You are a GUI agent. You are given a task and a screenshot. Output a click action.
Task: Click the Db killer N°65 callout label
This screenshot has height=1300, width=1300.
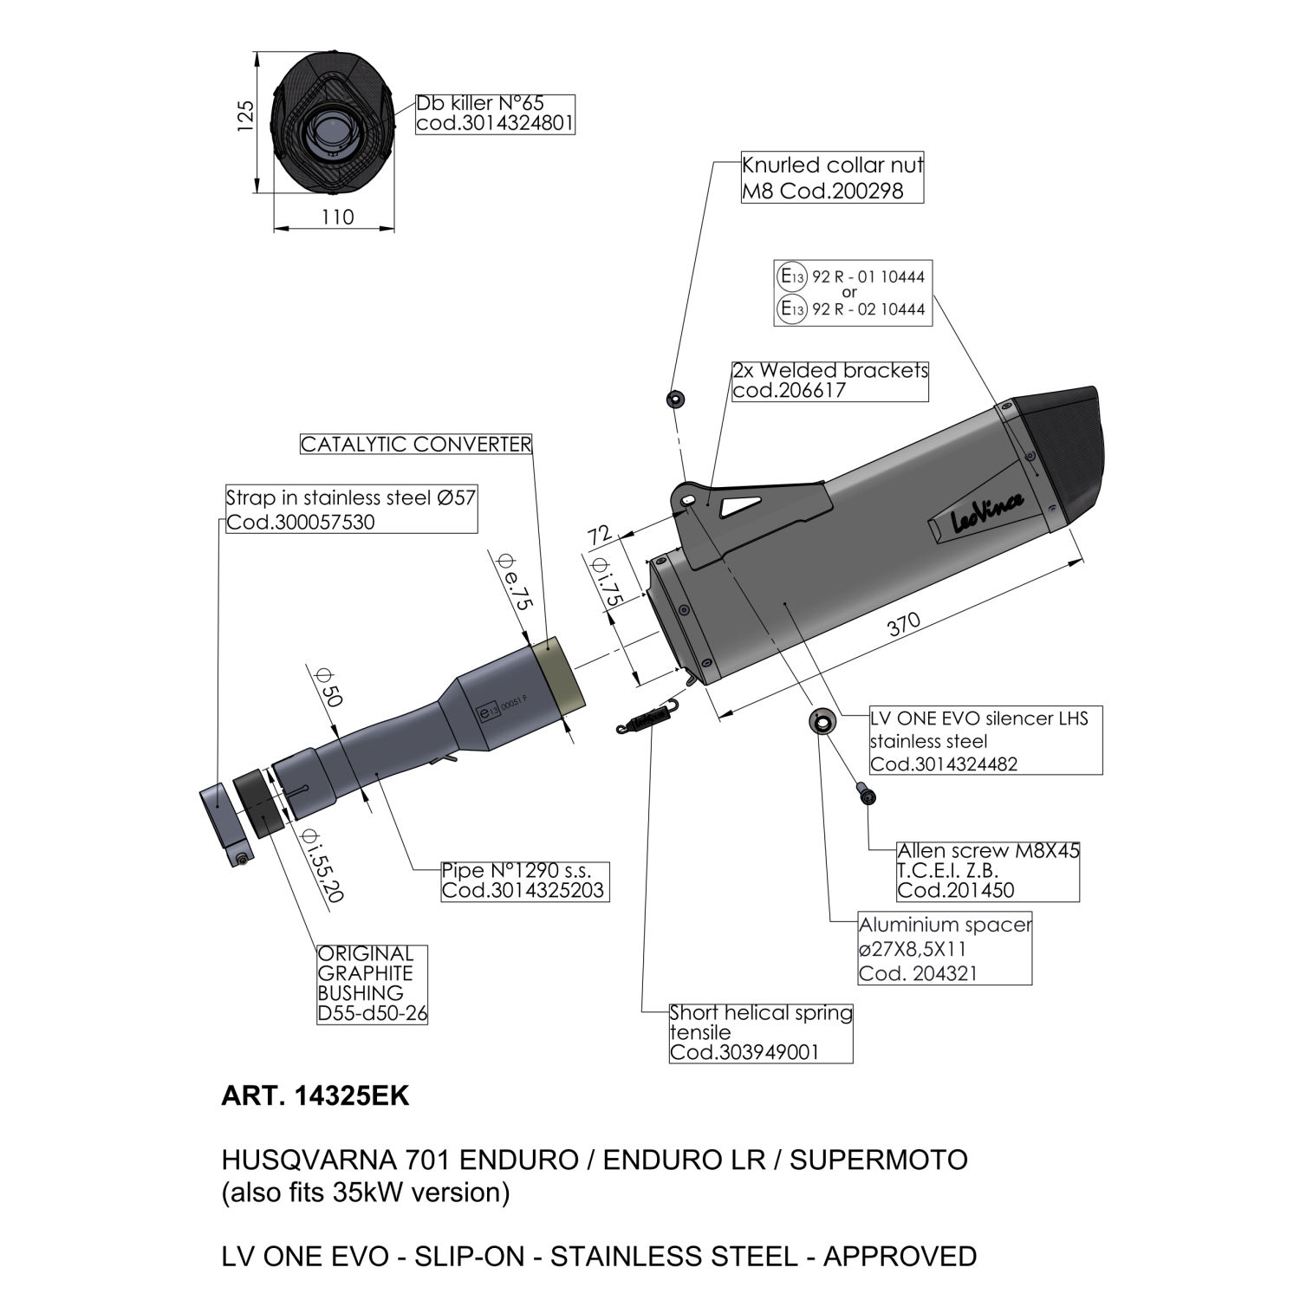point(495,114)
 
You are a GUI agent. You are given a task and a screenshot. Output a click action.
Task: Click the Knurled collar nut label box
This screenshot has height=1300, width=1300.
point(832,179)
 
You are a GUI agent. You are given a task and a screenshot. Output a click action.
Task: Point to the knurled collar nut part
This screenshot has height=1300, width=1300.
point(674,399)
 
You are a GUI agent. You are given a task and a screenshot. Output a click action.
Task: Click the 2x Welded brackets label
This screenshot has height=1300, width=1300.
point(829,380)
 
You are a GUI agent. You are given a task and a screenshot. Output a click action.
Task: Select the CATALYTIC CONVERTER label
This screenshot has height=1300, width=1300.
point(416,445)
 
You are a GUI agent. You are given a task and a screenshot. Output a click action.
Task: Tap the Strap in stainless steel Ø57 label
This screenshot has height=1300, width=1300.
point(351,510)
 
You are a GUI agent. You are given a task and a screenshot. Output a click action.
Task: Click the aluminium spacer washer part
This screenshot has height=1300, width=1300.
point(820,720)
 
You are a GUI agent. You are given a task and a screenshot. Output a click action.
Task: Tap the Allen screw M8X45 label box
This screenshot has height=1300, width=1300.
point(988,870)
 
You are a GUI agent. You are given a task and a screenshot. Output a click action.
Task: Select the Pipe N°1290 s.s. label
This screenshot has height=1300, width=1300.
point(523,881)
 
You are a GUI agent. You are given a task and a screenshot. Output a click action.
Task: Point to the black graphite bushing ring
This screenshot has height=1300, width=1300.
point(260,802)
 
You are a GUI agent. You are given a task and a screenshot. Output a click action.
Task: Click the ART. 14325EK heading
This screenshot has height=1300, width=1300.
point(315,1096)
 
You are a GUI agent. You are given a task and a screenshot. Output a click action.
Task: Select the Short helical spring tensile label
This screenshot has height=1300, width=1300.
point(761,1032)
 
